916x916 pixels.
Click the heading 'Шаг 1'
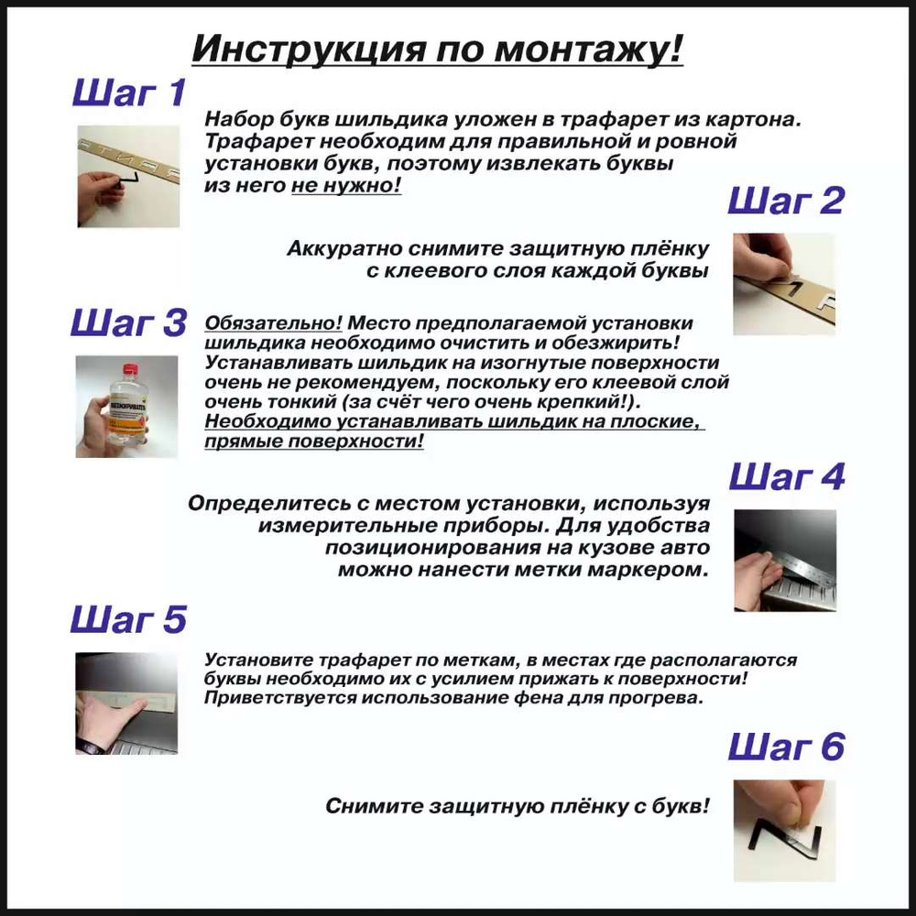pyautogui.click(x=129, y=93)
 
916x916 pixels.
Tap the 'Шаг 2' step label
pyautogui.click(x=786, y=201)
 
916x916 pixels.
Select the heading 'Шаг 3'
pyautogui.click(x=128, y=322)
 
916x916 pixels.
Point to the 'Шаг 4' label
pyautogui.click(x=787, y=476)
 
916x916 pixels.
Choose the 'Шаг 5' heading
pyautogui.click(x=128, y=619)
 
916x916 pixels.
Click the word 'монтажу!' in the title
pyautogui.click(x=589, y=49)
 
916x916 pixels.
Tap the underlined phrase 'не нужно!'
pyautogui.click(x=346, y=185)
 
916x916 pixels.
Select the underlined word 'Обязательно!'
pyautogui.click(x=273, y=323)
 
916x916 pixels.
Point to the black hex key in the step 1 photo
pyautogui.click(x=128, y=180)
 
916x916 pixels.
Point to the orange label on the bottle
pyautogui.click(x=126, y=414)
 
